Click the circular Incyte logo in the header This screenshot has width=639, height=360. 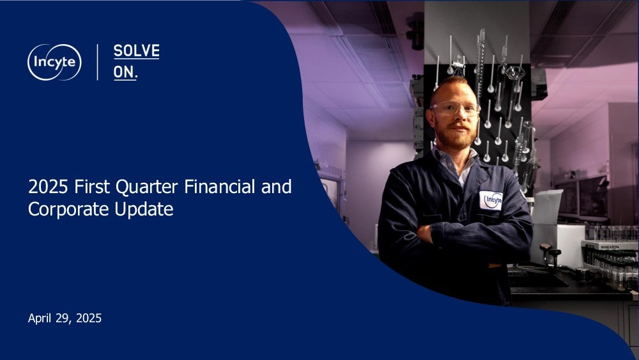[x=54, y=62]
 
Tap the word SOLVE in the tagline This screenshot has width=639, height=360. [x=137, y=51]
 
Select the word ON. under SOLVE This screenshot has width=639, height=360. [x=125, y=72]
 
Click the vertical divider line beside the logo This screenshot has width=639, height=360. [x=97, y=62]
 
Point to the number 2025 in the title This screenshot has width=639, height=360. [x=48, y=187]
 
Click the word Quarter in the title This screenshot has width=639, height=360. [x=147, y=187]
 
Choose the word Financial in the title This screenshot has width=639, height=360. [x=220, y=187]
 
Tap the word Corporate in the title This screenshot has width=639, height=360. [x=69, y=209]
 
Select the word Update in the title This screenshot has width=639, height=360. [x=144, y=210]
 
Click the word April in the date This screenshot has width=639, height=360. [x=40, y=318]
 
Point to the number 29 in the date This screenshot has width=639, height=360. [x=63, y=318]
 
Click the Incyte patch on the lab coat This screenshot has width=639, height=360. [x=491, y=200]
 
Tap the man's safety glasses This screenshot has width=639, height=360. [x=454, y=109]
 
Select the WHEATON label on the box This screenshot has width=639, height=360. [x=610, y=247]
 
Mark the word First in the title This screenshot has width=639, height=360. [x=91, y=187]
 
